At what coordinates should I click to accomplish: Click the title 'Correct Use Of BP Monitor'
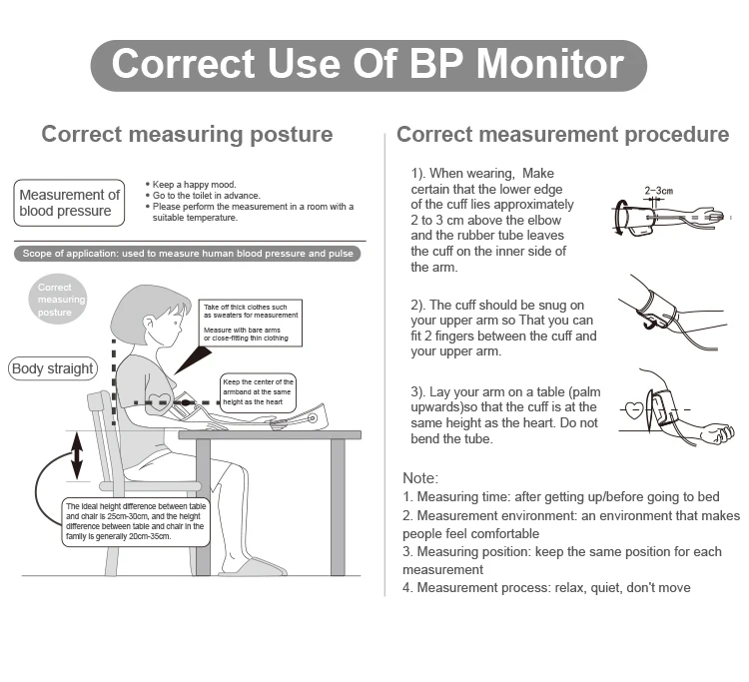click(369, 64)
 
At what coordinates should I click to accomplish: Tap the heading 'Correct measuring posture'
click(187, 134)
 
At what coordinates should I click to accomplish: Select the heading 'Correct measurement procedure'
click(562, 134)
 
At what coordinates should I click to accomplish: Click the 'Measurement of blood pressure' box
click(69, 203)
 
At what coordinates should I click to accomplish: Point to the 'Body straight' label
click(53, 368)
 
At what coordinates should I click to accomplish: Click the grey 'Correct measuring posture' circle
click(62, 300)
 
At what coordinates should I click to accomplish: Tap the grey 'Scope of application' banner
click(188, 254)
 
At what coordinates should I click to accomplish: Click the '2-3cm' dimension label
click(658, 190)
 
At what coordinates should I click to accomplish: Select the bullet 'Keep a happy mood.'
click(195, 184)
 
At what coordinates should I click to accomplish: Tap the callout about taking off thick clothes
click(250, 323)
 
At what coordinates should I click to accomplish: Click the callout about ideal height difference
click(135, 522)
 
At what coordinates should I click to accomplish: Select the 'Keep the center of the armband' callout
click(258, 392)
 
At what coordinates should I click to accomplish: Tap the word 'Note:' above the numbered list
click(419, 478)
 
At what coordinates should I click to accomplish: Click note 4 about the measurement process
click(546, 587)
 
